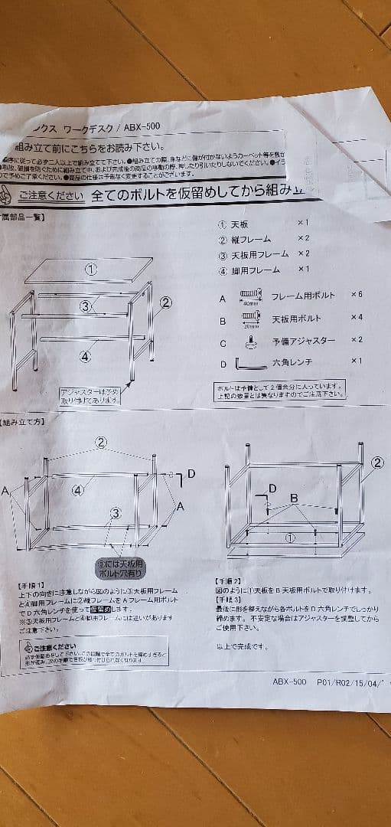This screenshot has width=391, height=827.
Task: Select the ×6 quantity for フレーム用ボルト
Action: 356,295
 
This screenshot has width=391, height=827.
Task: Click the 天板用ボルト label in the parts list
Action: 296,318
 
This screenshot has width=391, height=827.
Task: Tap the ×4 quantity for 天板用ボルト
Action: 357,317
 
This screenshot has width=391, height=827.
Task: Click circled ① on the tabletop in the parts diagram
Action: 90,269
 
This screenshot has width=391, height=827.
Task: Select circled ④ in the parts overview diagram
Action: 84,355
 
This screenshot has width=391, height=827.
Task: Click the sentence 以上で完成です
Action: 241,646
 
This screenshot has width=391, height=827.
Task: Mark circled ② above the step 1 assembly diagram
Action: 100,442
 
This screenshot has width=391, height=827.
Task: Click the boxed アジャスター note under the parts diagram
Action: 90,396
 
